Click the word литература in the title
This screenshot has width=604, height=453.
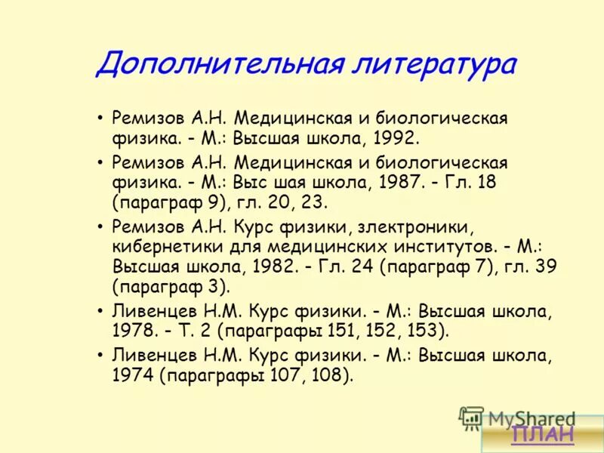433,65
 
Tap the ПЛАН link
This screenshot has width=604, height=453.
541,433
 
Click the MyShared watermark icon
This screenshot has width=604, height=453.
471,418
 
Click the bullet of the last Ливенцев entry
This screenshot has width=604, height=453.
100,354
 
